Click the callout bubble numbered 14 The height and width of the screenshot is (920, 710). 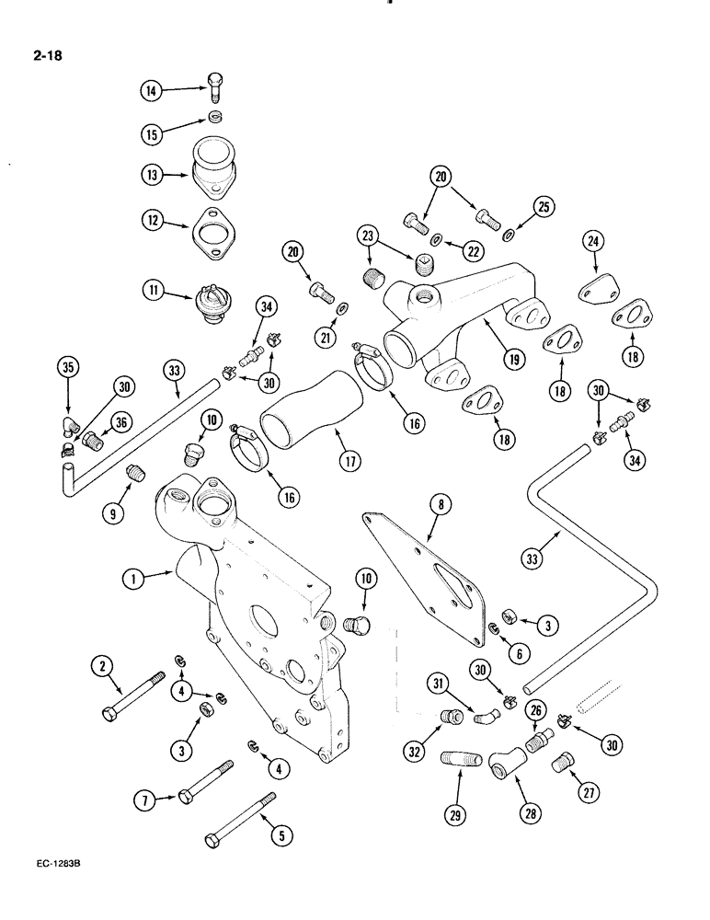(x=151, y=89)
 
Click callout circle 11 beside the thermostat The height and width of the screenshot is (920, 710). (x=151, y=293)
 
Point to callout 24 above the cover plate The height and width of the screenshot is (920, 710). (x=594, y=243)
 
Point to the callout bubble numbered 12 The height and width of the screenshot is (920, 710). (x=151, y=222)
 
